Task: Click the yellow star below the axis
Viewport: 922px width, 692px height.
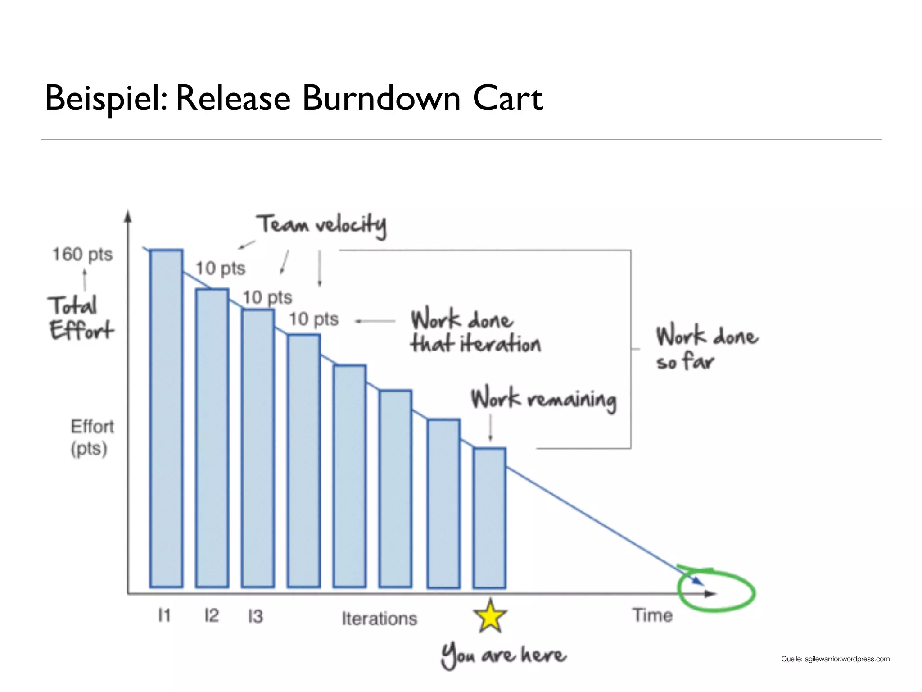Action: pos(490,616)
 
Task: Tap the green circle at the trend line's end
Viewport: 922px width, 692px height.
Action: pos(716,591)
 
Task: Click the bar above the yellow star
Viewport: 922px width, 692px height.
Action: pos(489,518)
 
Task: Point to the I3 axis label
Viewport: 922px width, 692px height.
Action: pos(255,616)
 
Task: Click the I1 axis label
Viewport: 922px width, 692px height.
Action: pos(164,615)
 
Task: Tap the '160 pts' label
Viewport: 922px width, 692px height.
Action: pos(82,255)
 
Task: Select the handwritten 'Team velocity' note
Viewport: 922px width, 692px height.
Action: pos(321,225)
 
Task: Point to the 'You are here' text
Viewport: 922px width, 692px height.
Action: pos(503,656)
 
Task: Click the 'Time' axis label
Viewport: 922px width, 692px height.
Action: pos(652,615)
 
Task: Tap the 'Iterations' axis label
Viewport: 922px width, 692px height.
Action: pos(380,619)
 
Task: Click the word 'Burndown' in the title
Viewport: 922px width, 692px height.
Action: pos(381,98)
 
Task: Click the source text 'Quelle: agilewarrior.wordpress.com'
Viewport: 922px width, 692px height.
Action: pos(835,659)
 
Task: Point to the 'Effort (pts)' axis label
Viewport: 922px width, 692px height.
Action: pos(92,437)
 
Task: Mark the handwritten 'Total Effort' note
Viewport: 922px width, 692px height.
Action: pos(81,318)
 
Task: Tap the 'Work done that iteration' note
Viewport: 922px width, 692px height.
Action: pos(475,332)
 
